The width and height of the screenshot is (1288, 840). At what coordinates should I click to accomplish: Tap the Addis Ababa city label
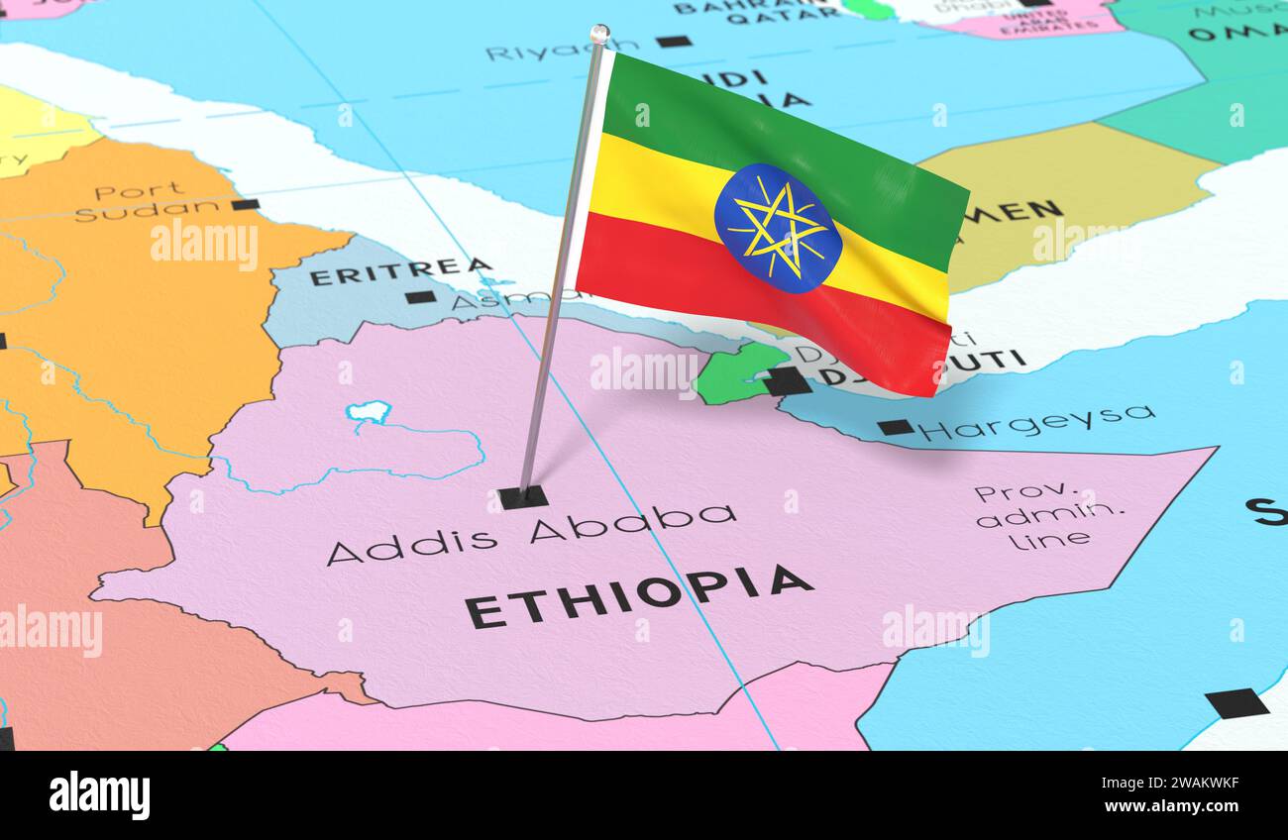coord(532,532)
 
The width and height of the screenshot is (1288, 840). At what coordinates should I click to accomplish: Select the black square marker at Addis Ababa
coord(522,496)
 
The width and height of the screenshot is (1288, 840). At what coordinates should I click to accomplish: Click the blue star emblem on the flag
coord(778,228)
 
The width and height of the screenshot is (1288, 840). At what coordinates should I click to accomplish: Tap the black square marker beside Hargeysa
coord(895,427)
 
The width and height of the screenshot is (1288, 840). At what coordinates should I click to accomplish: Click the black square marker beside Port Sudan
coord(245,204)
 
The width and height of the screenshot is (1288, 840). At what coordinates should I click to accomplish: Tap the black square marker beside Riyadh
coord(674,42)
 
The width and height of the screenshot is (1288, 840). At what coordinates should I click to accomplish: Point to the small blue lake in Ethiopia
coord(369,411)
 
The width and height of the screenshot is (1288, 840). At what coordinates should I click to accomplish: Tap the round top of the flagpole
coord(599,34)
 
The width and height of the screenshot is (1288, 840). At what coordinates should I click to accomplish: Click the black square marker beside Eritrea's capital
coord(420,296)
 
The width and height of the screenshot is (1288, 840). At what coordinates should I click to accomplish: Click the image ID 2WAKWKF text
coord(1188,783)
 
